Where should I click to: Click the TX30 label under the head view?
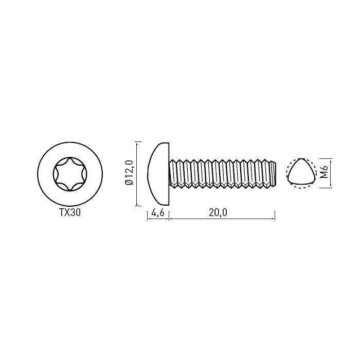[x=70, y=212]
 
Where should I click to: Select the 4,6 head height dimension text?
[x=158, y=212]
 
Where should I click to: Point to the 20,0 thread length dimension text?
[x=218, y=212]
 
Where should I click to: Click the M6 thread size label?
[x=325, y=172]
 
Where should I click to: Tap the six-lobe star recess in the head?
[x=70, y=174]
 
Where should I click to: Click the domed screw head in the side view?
[x=158, y=174]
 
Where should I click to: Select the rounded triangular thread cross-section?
[x=300, y=172]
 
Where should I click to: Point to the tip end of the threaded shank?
[x=275, y=173]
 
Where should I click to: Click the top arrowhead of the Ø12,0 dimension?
[x=137, y=143]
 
